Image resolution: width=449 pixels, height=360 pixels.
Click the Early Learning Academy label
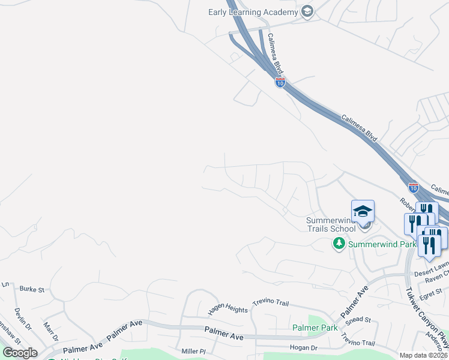253,12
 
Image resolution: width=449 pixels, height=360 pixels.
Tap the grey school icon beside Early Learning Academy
307,12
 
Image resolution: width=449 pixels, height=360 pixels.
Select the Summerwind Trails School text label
331,224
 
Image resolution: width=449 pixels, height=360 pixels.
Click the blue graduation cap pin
363,211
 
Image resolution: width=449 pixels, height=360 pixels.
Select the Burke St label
32,289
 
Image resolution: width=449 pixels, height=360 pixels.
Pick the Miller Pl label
193,350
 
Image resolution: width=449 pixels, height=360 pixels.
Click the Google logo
20,353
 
